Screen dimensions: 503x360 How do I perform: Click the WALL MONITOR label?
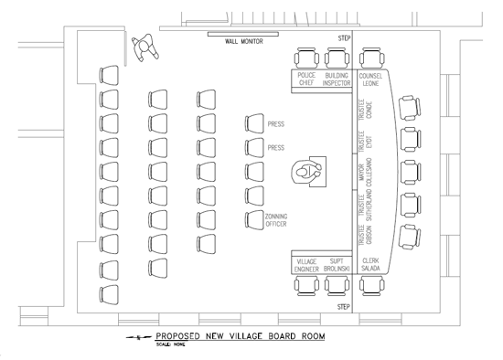pos(244,41)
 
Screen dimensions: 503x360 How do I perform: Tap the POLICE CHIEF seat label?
pos(306,79)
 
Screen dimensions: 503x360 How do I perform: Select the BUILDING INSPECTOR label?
pos(337,79)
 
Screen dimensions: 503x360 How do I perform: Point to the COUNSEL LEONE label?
pos(370,79)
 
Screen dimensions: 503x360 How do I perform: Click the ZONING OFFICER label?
pos(277,220)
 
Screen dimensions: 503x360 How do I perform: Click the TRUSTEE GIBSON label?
pos(365,235)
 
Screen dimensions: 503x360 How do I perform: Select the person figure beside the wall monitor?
pos(144,47)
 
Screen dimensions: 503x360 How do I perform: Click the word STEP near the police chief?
pos(344,39)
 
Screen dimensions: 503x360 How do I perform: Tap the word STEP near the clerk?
pos(344,307)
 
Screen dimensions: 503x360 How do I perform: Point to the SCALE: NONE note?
pos(171,344)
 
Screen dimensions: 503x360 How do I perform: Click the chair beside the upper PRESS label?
pos(253,124)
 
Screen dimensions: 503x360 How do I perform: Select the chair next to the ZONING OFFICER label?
pos(253,218)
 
